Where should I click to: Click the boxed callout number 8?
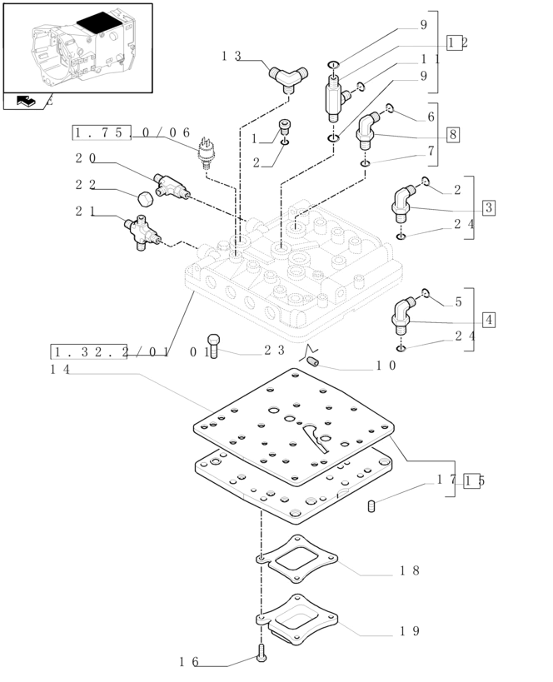pyautogui.click(x=452, y=135)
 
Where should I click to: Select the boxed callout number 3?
pyautogui.click(x=488, y=207)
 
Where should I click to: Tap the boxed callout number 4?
pyautogui.click(x=488, y=320)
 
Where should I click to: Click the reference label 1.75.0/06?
pyautogui.click(x=132, y=132)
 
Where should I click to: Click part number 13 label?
pyautogui.click(x=231, y=57)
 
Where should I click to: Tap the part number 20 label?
pyautogui.click(x=85, y=158)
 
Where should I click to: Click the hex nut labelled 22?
pyautogui.click(x=145, y=199)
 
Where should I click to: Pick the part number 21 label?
pyautogui.click(x=85, y=212)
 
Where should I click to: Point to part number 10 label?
pyautogui.click(x=386, y=365)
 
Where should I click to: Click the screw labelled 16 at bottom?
pyautogui.click(x=262, y=655)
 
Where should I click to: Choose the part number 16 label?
pyautogui.click(x=189, y=662)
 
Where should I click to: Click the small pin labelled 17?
pyautogui.click(x=372, y=505)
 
